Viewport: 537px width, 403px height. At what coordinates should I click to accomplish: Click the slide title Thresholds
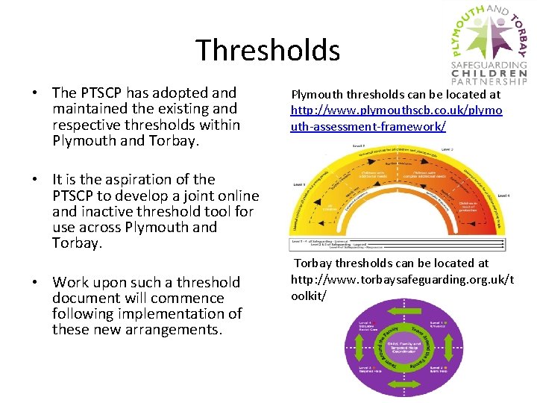pyautogui.click(x=268, y=50)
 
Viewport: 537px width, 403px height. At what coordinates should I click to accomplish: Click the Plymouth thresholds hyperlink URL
pyautogui.click(x=396, y=119)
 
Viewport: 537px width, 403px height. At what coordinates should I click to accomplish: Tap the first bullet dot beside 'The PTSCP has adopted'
pyautogui.click(x=34, y=93)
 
